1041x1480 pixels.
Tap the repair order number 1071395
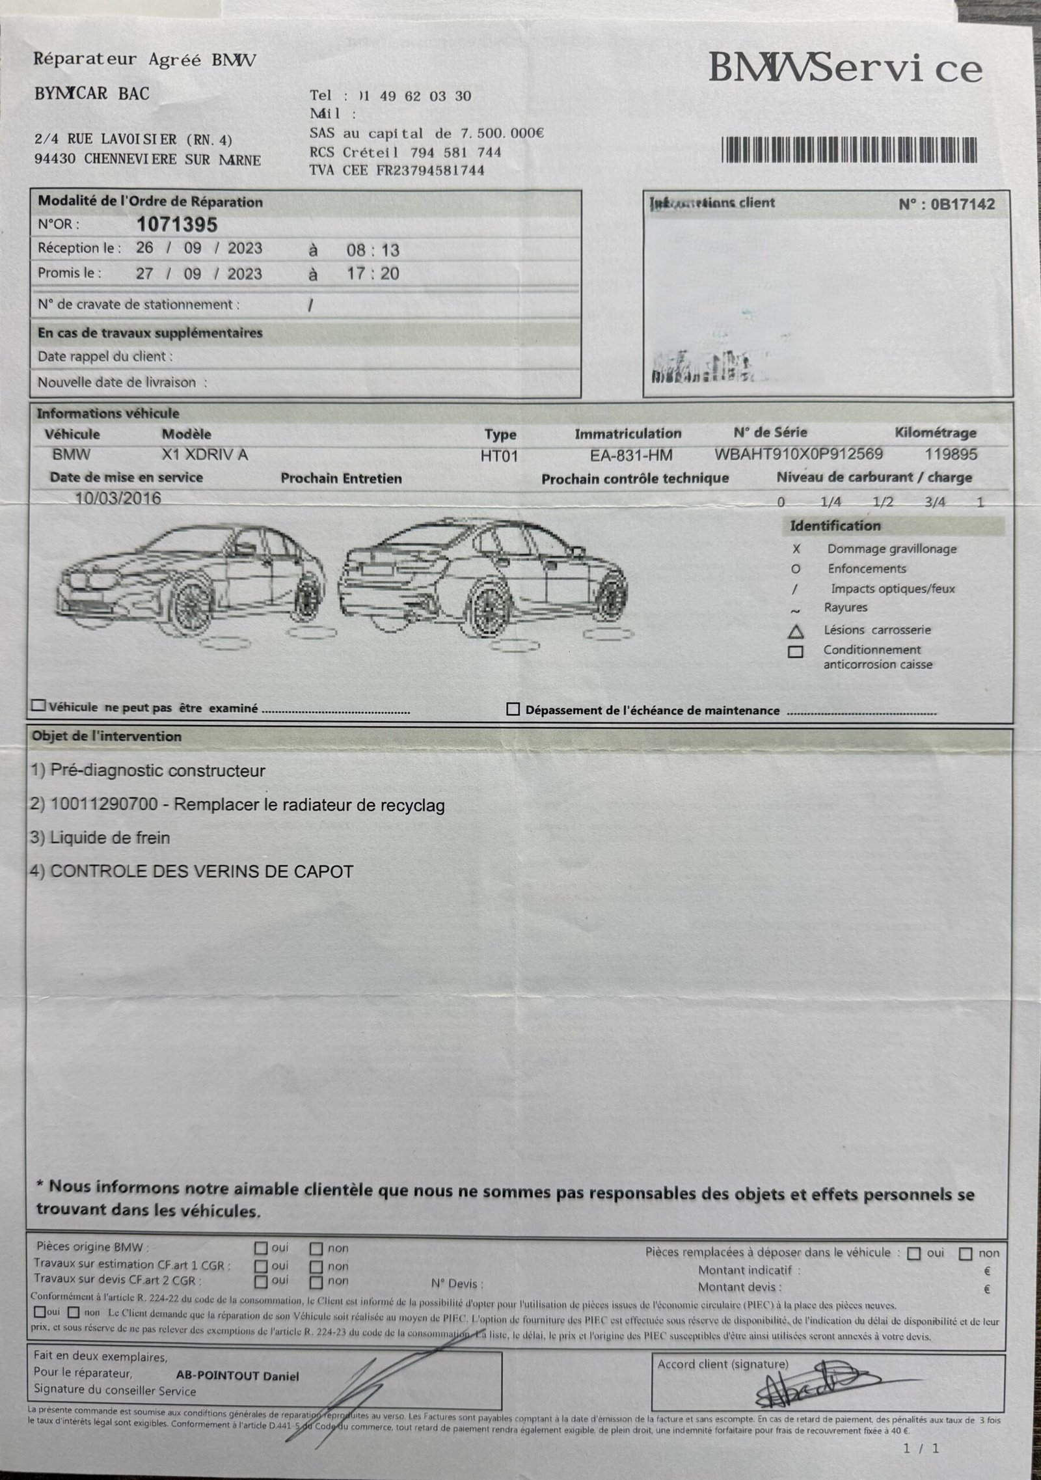coord(176,225)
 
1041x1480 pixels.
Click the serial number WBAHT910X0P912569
coord(799,454)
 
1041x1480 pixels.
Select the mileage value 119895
coord(951,454)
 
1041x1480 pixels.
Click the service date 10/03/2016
coord(118,499)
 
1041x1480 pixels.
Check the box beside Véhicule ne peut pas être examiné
coord(39,706)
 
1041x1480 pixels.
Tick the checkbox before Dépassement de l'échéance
coord(513,709)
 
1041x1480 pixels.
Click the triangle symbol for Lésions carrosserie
coord(795,631)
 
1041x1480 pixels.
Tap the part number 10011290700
coord(103,804)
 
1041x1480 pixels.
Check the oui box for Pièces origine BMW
coord(261,1248)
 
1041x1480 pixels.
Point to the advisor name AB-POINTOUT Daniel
coord(237,1376)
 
